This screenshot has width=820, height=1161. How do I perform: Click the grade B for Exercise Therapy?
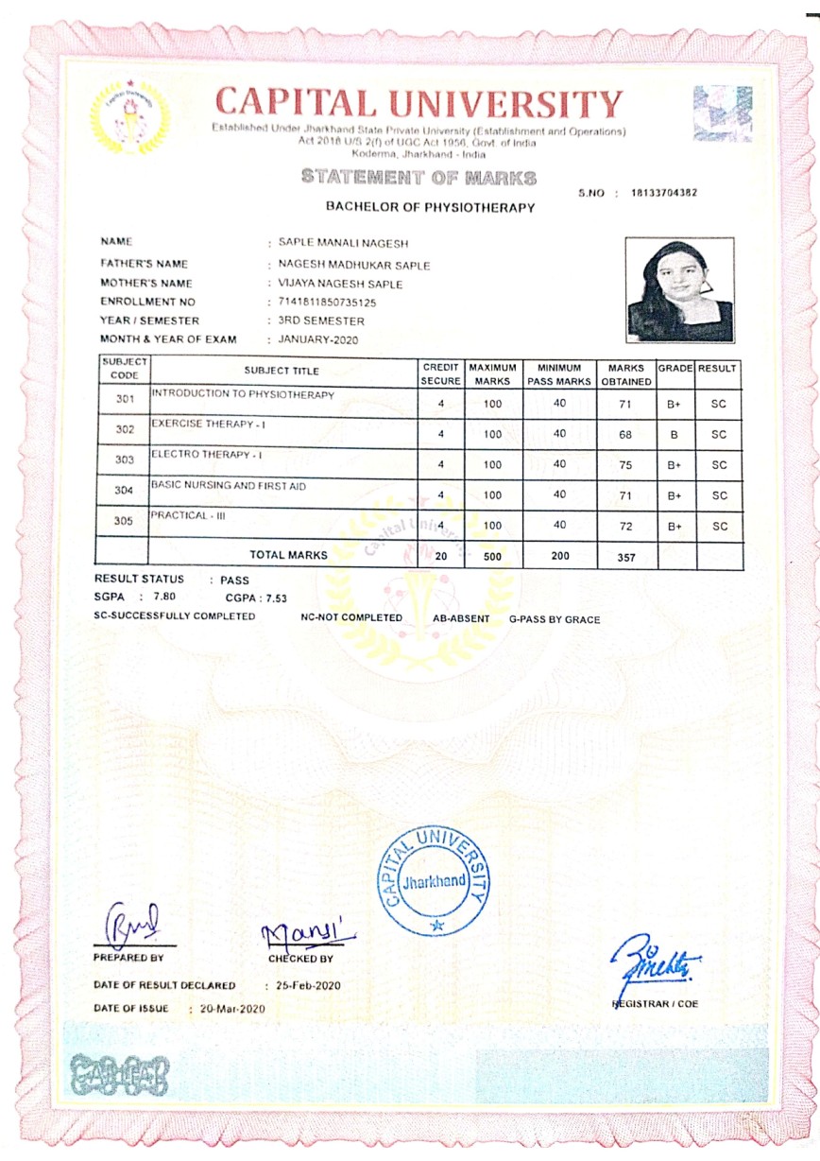tap(674, 434)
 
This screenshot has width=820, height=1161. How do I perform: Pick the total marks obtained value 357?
tap(625, 557)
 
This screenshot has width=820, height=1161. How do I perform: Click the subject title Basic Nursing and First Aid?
tap(229, 485)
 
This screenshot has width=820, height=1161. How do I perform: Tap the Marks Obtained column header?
tap(625, 373)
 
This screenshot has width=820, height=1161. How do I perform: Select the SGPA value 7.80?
tap(163, 597)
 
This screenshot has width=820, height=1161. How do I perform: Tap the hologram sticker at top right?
tap(723, 114)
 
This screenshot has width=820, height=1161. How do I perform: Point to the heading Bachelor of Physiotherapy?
tap(430, 206)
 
